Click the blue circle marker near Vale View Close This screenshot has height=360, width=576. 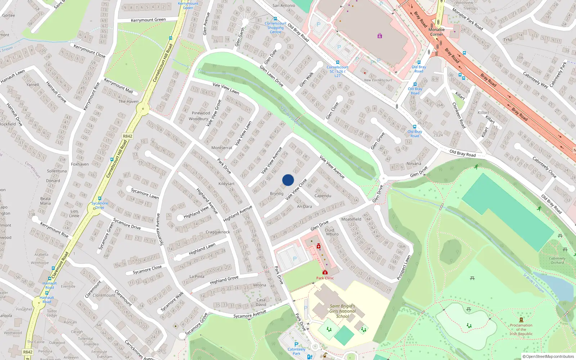coord(288,180)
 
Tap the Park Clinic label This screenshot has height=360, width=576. coord(325,278)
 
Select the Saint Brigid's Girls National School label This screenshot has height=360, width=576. coord(342,311)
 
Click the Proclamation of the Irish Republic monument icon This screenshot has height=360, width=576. coord(521,320)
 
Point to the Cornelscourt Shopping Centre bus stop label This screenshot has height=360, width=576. coord(275,28)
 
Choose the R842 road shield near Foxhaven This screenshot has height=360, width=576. coord(127,136)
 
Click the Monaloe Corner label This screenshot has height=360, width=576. coord(437,32)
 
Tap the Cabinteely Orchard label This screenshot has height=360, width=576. coord(557,260)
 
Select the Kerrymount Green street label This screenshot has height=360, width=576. coord(148,20)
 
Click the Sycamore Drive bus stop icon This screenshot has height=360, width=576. coord(100,198)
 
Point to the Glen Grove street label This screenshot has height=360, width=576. coord(378,141)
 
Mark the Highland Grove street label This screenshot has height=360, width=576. coord(224,280)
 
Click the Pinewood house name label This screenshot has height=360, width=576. coord(201,113)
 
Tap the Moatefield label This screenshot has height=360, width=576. coord(351,219)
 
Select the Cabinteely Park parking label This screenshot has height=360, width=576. coord(296,351)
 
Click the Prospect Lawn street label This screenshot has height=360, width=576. coord(404,267)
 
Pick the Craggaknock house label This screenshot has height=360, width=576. coord(218,232)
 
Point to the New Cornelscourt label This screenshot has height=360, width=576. coord(378,80)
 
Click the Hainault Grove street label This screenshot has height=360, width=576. coord(56,92)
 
